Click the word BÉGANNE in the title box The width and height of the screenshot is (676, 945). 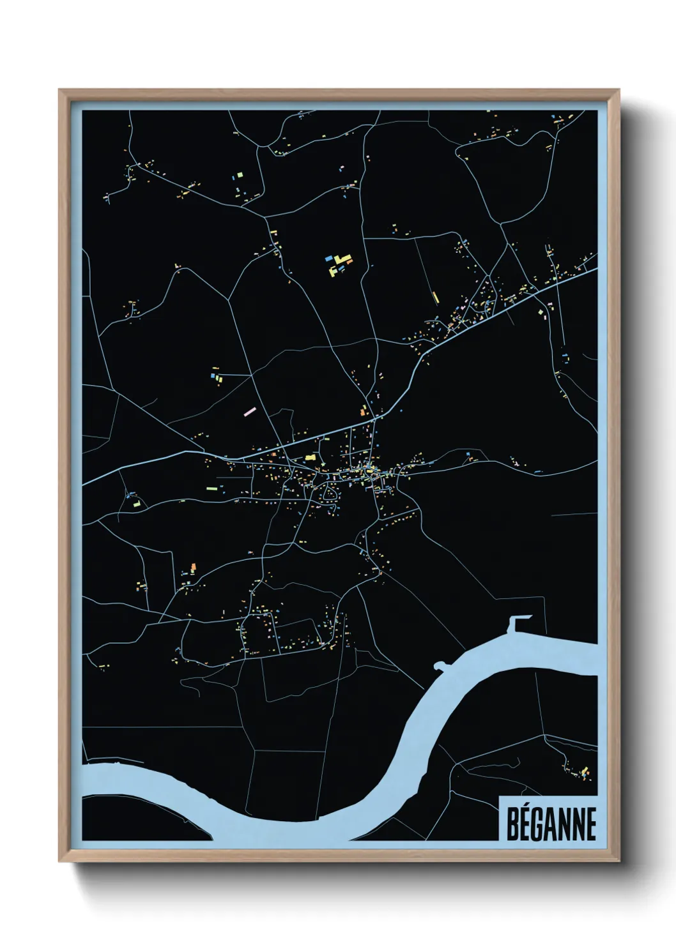(x=551, y=824)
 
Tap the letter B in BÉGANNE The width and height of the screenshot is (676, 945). (x=512, y=824)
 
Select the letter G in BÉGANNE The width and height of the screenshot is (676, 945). (x=539, y=824)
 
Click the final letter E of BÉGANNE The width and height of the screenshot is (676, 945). (x=591, y=824)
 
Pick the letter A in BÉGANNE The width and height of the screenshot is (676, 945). (x=552, y=824)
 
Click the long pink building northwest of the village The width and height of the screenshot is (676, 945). (x=250, y=410)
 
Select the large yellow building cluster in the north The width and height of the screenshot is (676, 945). (x=341, y=263)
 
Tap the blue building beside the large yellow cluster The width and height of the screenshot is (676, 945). (x=328, y=259)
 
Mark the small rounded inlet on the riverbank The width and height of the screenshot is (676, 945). (x=439, y=665)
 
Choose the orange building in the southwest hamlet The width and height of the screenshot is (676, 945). (x=192, y=567)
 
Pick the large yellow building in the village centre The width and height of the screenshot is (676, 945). (x=311, y=457)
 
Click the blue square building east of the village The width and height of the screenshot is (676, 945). (x=468, y=454)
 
